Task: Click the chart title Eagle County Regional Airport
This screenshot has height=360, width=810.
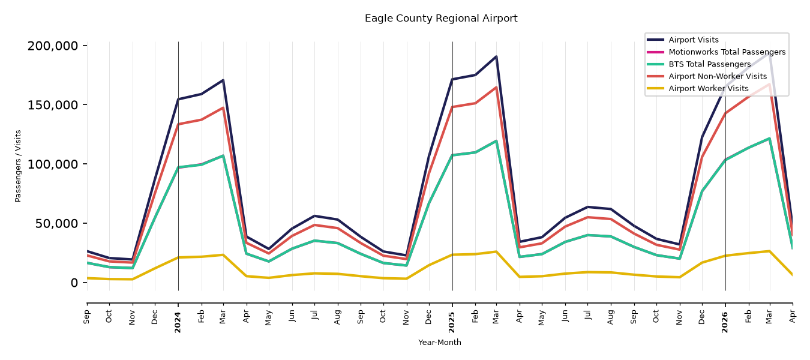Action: (x=441, y=19)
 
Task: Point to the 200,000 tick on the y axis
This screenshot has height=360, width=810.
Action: (x=53, y=46)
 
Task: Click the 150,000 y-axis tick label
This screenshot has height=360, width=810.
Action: (x=53, y=105)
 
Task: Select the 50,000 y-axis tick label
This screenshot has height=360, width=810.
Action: (x=56, y=223)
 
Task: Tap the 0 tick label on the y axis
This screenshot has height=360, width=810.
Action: (x=74, y=283)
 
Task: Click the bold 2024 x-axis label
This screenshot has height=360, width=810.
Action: (x=178, y=322)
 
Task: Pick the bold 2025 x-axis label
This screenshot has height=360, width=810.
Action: (x=452, y=322)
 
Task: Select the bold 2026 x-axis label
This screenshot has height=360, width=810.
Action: (x=725, y=322)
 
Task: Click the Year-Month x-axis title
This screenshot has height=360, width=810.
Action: (x=440, y=342)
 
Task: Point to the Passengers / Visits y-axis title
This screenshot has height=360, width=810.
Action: (x=18, y=166)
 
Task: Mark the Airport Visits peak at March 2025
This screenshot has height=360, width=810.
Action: (x=496, y=56)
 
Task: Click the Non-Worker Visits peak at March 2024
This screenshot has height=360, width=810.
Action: (x=223, y=108)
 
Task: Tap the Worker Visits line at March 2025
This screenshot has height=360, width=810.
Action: (x=496, y=251)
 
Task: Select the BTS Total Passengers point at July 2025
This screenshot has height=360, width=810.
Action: (x=587, y=235)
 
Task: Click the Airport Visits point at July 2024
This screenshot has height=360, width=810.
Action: (x=314, y=216)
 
